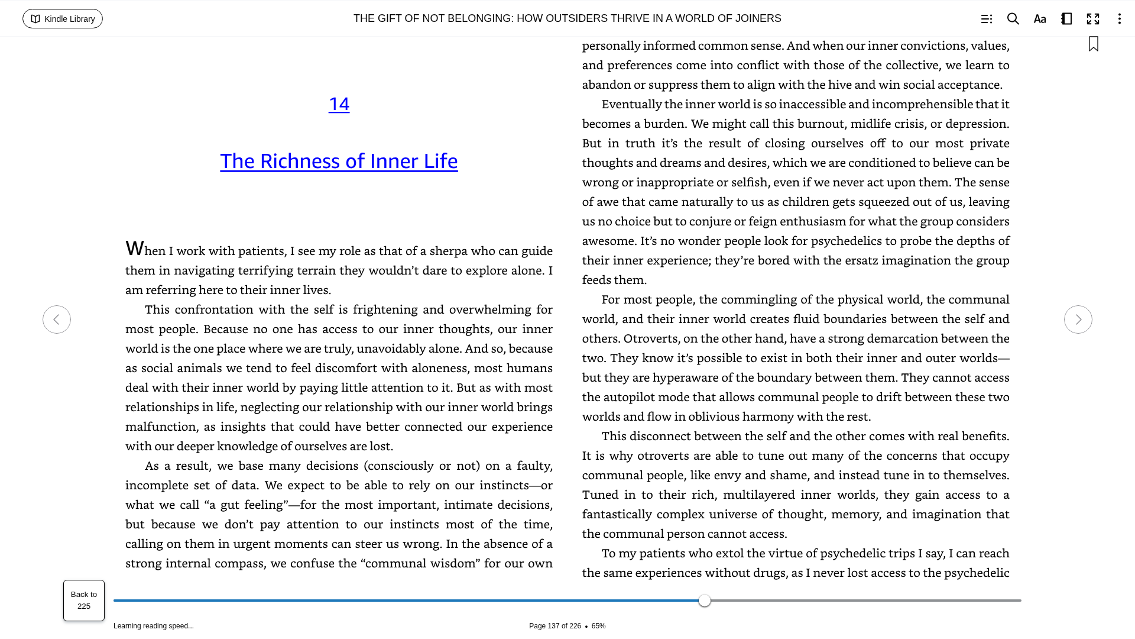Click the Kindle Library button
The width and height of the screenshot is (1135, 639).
(63, 19)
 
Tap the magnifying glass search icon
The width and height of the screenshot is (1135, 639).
(1013, 19)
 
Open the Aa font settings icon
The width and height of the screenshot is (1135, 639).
(1040, 19)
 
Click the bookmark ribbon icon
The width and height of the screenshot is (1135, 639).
(1094, 44)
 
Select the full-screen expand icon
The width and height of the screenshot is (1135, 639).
(1093, 19)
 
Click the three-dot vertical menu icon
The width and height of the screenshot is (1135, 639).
(1119, 19)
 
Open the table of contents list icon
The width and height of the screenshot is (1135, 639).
(986, 19)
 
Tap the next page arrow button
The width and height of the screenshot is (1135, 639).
(1078, 319)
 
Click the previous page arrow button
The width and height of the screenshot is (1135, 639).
(57, 319)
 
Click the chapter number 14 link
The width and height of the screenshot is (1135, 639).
(339, 104)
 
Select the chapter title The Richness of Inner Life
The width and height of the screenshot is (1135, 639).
(339, 161)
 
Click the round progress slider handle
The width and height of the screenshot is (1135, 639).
(705, 601)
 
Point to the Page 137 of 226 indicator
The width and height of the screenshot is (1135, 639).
(554, 626)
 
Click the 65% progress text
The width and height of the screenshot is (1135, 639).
(598, 626)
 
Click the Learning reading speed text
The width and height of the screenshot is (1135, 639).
(154, 626)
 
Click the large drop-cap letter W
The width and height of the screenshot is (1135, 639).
(135, 248)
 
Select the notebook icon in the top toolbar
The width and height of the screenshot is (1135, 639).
(1066, 19)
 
